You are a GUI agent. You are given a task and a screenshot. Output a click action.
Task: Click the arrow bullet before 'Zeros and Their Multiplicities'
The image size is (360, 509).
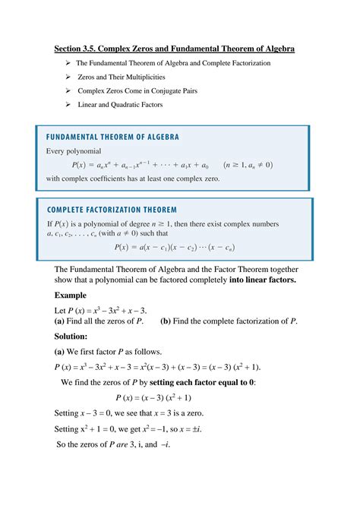68,77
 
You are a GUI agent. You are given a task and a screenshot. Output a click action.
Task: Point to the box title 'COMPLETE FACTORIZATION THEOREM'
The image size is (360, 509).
112,210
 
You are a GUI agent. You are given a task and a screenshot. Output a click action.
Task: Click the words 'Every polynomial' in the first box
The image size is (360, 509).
73,151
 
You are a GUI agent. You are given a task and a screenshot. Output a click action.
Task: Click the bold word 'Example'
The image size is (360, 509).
71,295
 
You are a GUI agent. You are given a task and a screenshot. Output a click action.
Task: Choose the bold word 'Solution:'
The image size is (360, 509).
71,336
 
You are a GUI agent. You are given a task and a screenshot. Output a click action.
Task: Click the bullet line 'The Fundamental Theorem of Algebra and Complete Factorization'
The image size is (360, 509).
173,63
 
